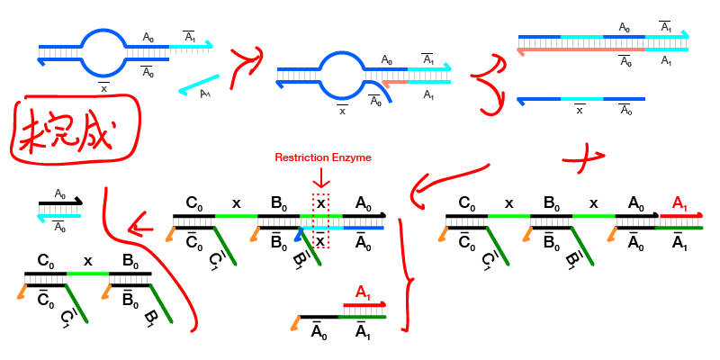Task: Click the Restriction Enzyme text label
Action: (x=323, y=157)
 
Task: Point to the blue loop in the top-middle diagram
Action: (x=342, y=77)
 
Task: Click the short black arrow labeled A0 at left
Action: (x=60, y=203)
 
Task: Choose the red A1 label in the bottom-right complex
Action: (x=679, y=202)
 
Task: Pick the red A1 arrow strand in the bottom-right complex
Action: (x=682, y=216)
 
